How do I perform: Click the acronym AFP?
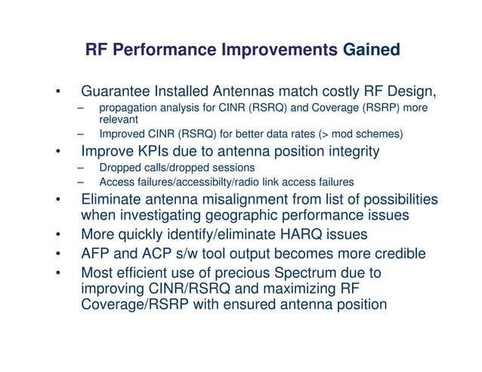tap(96, 252)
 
